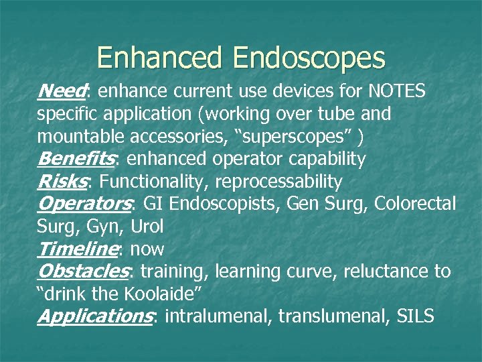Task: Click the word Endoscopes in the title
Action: coord(309,59)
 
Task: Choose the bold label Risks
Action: coord(64,182)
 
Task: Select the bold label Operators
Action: coord(84,204)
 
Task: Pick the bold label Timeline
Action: coord(78,249)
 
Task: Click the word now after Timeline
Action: coord(147,249)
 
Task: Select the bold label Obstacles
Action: coord(83,271)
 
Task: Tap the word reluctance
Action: coord(378,271)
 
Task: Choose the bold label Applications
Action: coord(94,316)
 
